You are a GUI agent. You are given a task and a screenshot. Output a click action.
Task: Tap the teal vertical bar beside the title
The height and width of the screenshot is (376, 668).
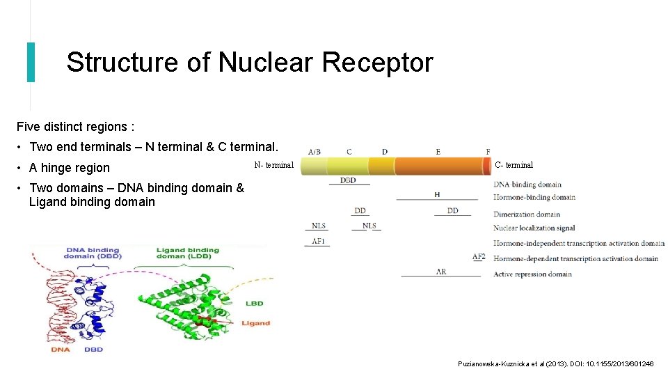pyautogui.click(x=31, y=62)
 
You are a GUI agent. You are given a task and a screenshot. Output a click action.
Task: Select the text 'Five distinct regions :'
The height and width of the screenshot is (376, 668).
pyautogui.click(x=75, y=127)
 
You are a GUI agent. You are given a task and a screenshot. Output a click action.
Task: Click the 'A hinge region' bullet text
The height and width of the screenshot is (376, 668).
pyautogui.click(x=70, y=168)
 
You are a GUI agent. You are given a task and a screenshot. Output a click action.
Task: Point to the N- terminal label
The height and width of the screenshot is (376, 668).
pyautogui.click(x=274, y=165)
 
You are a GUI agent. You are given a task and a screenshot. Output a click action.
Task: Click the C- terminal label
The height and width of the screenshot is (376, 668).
pyautogui.click(x=514, y=165)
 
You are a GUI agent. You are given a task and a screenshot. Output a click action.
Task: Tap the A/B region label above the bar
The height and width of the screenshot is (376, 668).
pyautogui.click(x=315, y=152)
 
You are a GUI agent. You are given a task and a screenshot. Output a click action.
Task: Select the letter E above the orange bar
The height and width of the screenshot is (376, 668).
pyautogui.click(x=438, y=152)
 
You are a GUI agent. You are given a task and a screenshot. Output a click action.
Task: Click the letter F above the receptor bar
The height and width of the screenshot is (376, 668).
pyautogui.click(x=488, y=152)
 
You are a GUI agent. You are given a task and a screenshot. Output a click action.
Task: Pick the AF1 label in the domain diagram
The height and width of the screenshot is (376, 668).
pyautogui.click(x=318, y=242)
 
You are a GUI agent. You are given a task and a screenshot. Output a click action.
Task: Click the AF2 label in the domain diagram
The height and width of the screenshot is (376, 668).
pyautogui.click(x=479, y=257)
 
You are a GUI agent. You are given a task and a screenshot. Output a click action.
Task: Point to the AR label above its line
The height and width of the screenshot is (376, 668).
pyautogui.click(x=441, y=272)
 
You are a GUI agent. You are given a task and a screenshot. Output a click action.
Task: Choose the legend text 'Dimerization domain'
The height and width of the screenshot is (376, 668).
pyautogui.click(x=527, y=214)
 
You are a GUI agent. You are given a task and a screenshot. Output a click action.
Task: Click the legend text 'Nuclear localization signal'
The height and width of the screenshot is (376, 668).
pyautogui.click(x=534, y=228)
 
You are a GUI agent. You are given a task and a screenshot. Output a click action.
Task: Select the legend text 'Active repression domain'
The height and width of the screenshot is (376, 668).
pyautogui.click(x=532, y=274)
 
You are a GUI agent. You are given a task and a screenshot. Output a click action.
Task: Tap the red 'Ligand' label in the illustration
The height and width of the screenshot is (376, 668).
pyautogui.click(x=255, y=323)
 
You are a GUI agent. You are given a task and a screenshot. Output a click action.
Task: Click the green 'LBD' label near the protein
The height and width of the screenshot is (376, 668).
pyautogui.click(x=254, y=304)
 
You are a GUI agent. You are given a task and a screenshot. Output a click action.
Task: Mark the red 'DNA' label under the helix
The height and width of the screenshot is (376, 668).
pyautogui.click(x=61, y=350)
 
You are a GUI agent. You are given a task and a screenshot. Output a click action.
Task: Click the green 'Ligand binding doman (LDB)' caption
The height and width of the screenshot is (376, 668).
pyautogui.click(x=188, y=253)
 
